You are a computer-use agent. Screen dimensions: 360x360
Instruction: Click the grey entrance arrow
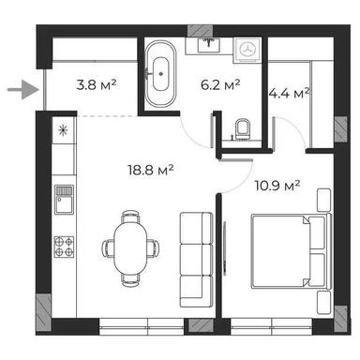(x=20, y=91)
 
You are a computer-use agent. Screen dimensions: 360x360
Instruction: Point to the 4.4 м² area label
(x=289, y=93)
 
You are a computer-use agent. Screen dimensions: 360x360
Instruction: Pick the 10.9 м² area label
(x=277, y=186)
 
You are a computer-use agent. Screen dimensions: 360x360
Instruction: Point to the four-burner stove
(x=65, y=247)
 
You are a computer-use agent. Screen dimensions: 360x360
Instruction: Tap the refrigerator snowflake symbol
(x=63, y=130)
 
